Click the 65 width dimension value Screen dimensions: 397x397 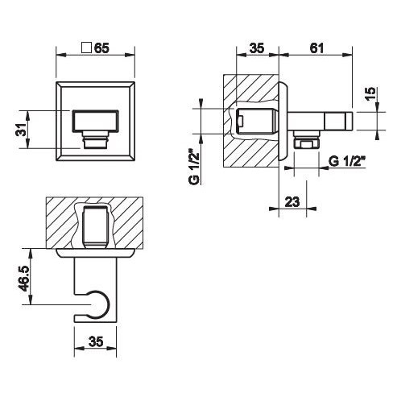coord(101,48)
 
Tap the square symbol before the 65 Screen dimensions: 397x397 coord(86,48)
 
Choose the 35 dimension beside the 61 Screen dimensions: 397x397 coord(256,48)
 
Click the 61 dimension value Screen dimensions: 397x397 coord(316,48)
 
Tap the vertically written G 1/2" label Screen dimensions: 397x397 coord(194,166)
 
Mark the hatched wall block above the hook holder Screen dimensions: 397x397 coord(64,221)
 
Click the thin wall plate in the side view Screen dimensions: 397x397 coord(284,121)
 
